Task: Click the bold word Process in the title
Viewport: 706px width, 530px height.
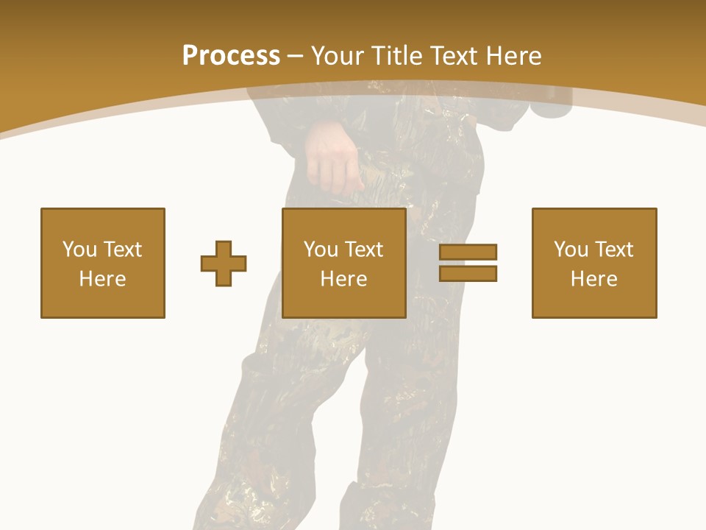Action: [x=231, y=55]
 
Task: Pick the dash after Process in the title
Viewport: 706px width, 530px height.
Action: [x=296, y=57]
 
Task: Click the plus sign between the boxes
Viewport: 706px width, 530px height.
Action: [x=224, y=264]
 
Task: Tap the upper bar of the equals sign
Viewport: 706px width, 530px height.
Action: [x=468, y=252]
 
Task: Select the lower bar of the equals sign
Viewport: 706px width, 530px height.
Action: [x=468, y=273]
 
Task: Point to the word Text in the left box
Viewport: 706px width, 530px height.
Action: [x=122, y=250]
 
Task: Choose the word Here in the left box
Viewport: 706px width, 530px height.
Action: [x=102, y=279]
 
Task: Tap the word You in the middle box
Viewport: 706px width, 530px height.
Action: [x=320, y=250]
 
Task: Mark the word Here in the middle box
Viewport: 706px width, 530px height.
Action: [x=343, y=279]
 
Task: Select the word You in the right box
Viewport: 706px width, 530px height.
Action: [x=570, y=250]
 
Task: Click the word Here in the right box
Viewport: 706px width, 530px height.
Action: [x=593, y=279]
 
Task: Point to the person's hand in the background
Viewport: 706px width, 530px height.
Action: [x=332, y=158]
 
